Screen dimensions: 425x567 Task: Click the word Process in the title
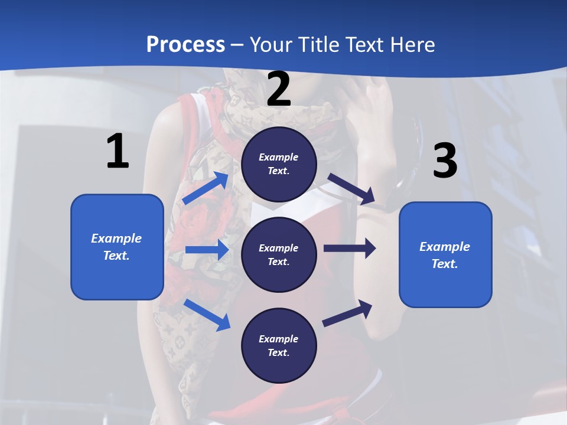coord(185,45)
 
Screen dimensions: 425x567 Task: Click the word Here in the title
coord(411,45)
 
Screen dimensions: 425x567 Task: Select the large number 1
coord(118,152)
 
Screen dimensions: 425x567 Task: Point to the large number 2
coord(279,89)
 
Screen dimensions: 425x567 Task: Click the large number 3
coord(445,161)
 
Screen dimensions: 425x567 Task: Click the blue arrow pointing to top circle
coord(206,188)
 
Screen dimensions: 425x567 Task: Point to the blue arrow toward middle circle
coord(206,250)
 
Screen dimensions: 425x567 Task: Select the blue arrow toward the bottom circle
coord(207,315)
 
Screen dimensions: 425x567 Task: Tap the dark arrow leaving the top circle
coord(352,189)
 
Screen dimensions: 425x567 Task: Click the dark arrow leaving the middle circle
coord(350,248)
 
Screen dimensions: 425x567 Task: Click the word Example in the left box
coord(116,238)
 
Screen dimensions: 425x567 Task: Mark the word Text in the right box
coord(444,264)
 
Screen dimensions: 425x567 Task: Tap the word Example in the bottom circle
coord(279,339)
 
